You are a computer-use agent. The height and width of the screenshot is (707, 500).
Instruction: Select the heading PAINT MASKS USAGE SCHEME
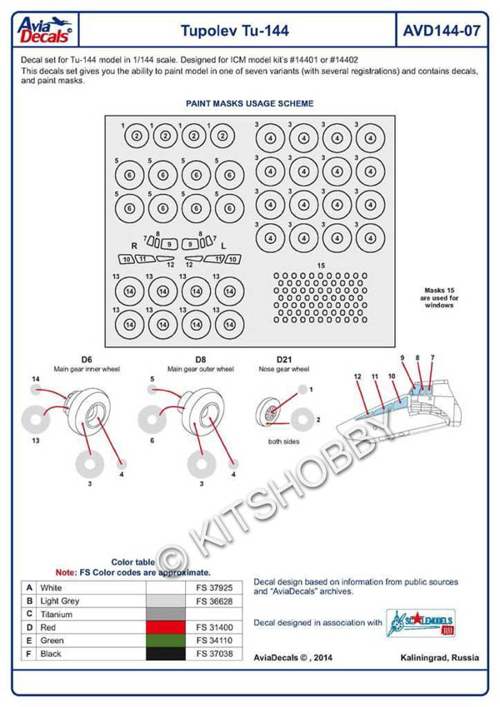pyautogui.click(x=249, y=104)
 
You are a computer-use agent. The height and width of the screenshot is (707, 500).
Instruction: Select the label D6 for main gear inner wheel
pyautogui.click(x=82, y=359)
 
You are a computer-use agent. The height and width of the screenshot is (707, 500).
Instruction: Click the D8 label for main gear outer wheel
pyautogui.click(x=201, y=359)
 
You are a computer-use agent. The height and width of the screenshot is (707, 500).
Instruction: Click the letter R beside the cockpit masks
pyautogui.click(x=134, y=246)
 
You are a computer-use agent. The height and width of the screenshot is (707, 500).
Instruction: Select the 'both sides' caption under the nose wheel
pyautogui.click(x=283, y=441)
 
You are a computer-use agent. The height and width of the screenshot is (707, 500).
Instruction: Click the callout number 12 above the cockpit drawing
pyautogui.click(x=357, y=376)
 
